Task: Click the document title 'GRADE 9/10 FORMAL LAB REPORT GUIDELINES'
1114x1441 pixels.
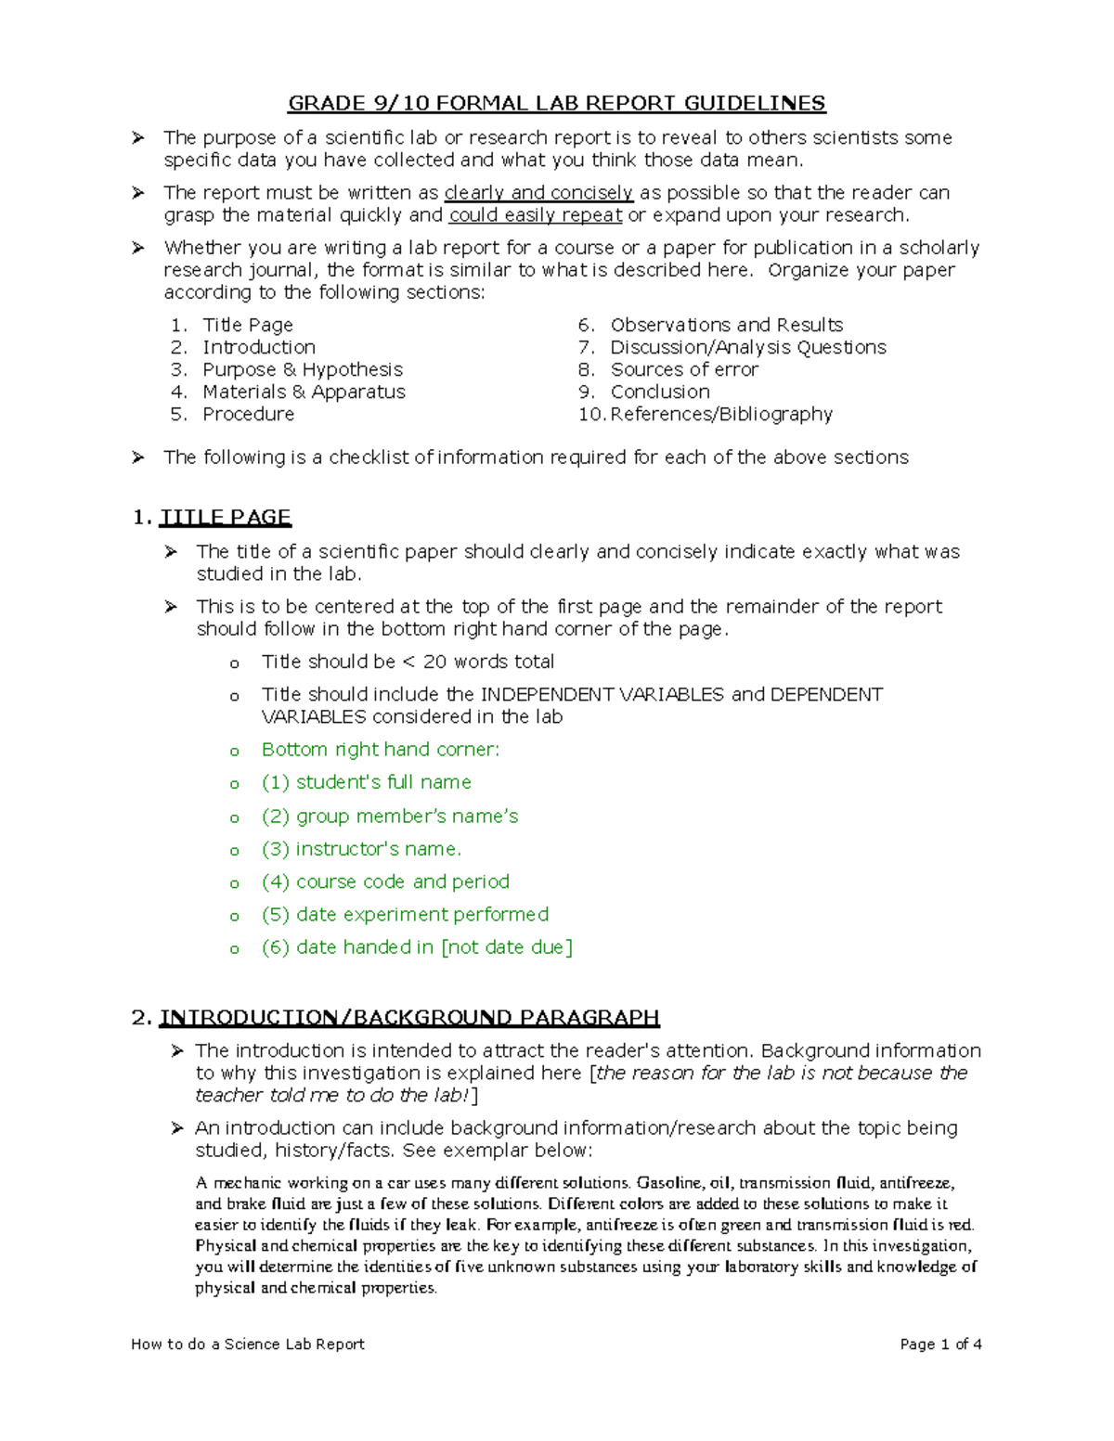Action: coord(556,103)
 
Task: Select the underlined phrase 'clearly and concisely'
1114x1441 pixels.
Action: coord(538,193)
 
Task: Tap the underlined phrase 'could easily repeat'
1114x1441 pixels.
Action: coord(536,215)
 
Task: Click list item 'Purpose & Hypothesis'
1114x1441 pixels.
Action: coord(303,369)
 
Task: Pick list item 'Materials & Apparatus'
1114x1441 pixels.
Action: coord(304,392)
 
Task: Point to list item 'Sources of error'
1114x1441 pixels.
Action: coord(684,369)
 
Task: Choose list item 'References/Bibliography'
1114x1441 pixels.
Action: coord(721,414)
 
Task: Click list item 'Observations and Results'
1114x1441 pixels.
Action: coord(726,325)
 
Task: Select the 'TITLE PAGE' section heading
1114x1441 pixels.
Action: coord(226,517)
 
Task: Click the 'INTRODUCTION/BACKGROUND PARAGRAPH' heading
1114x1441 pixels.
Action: coord(409,1018)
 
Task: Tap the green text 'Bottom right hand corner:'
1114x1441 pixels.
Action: coord(381,750)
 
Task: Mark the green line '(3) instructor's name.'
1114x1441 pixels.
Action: coord(361,849)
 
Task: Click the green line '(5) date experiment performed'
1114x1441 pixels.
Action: coord(405,915)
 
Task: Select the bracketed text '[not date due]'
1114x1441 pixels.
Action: coord(507,947)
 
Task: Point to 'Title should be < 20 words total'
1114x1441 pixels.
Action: coord(408,662)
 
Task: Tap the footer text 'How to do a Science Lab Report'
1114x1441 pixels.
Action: coord(248,1344)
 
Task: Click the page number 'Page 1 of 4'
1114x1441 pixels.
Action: coord(940,1344)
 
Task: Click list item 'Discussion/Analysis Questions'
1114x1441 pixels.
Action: coord(747,347)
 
